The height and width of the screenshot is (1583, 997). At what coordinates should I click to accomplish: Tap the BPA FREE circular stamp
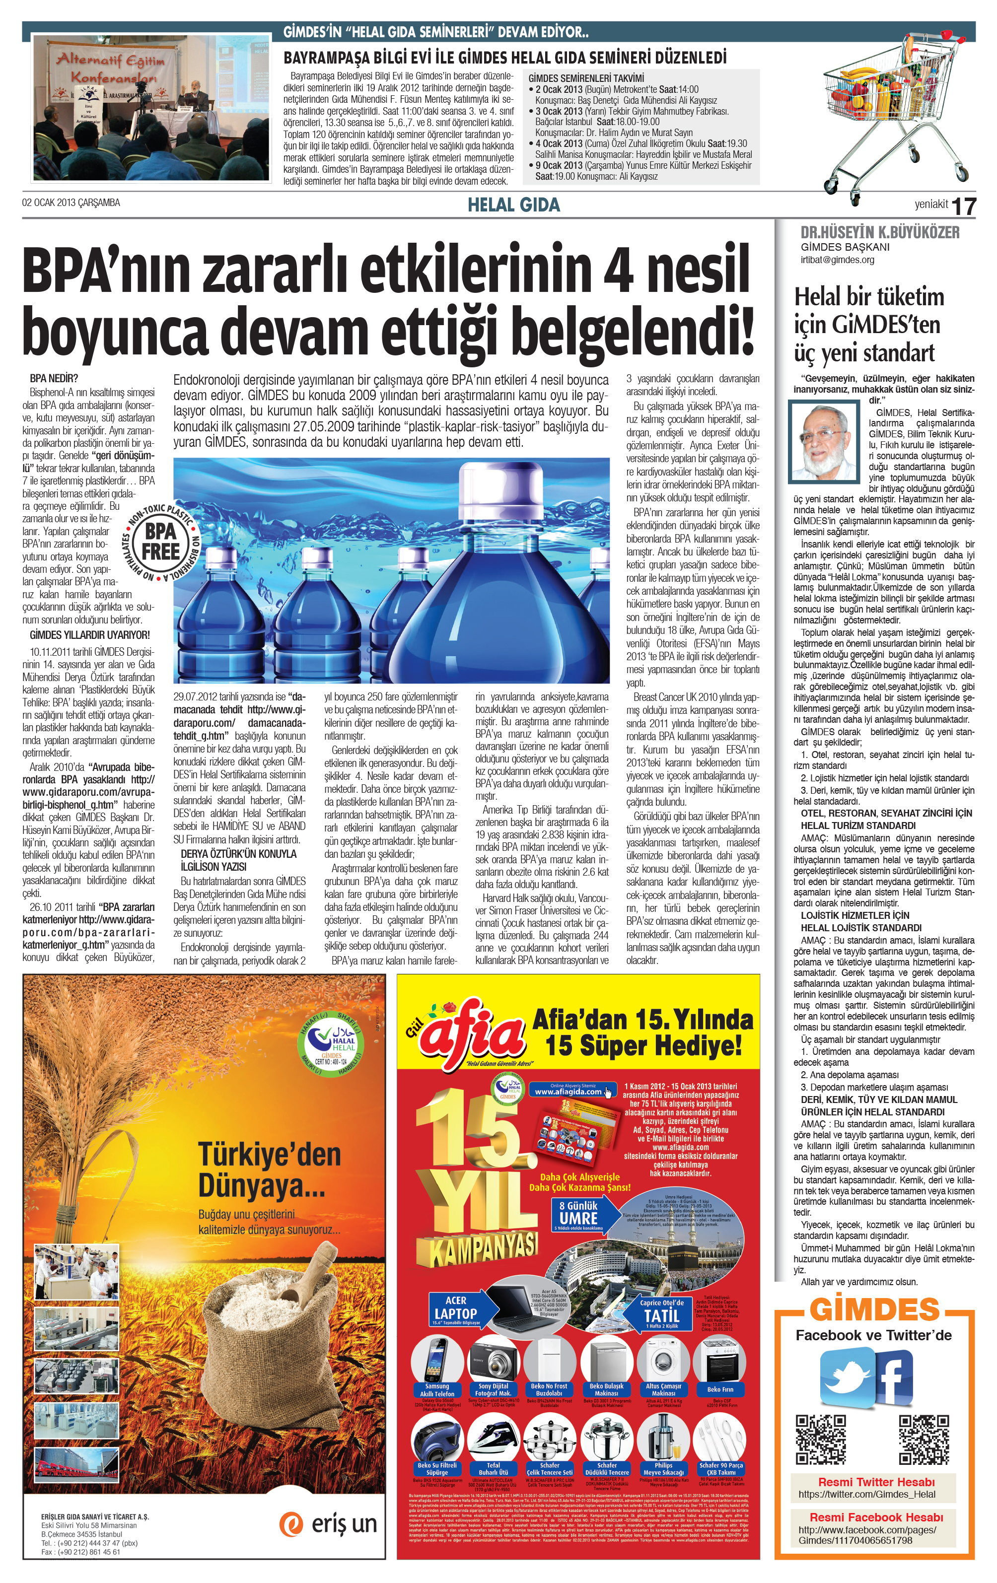tap(160, 542)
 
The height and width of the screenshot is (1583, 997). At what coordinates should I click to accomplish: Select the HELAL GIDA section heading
tap(513, 205)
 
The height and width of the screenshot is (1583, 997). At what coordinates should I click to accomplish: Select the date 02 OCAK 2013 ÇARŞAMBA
tap(71, 203)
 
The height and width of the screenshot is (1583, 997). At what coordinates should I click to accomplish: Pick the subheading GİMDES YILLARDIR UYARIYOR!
tap(89, 635)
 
